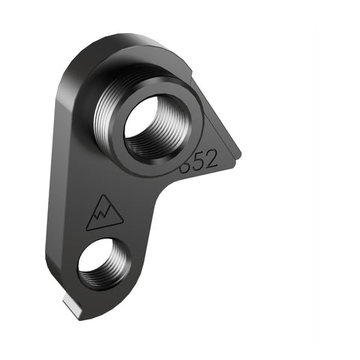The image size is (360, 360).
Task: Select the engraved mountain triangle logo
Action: [104, 214]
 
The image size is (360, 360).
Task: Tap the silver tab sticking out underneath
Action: [73, 307]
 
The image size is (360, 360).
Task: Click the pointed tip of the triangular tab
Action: [240, 154]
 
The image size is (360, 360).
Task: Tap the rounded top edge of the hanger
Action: [120, 41]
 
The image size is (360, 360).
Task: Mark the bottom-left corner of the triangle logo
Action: [87, 228]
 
